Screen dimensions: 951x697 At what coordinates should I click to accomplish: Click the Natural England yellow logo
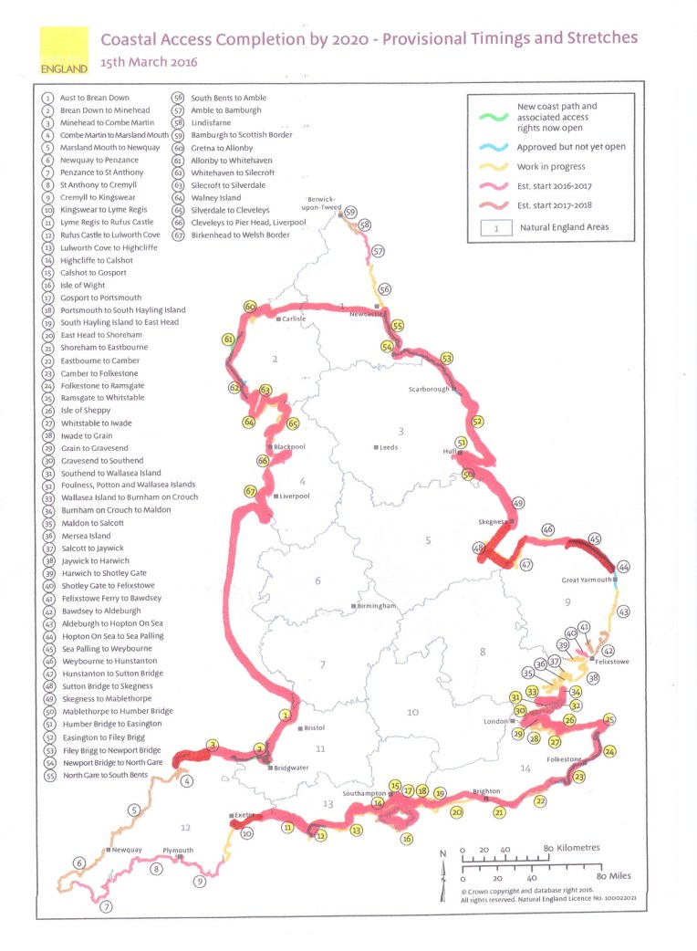[64, 51]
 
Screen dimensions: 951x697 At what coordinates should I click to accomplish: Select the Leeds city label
[389, 447]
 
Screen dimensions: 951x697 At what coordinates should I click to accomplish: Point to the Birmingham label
[377, 606]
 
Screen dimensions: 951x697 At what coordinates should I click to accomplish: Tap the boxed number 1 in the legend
[497, 229]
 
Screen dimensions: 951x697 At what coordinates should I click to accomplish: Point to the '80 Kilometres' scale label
[574, 848]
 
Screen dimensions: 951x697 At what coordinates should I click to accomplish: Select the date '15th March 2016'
[149, 63]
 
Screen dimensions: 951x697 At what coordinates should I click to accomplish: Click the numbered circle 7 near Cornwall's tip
[106, 906]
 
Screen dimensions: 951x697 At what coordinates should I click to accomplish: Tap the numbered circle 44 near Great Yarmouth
[623, 567]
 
